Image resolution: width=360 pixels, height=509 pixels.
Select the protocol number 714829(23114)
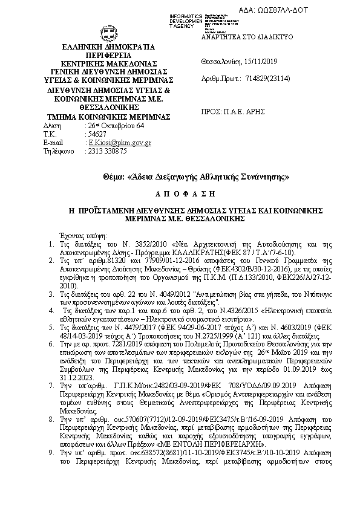tap(270, 79)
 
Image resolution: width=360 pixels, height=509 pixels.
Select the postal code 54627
tap(98, 134)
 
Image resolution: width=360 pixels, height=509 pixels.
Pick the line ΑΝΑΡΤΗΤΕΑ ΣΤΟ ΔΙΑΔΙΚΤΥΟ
tap(246, 37)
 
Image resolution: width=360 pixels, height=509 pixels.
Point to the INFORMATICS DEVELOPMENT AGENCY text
tap(186, 20)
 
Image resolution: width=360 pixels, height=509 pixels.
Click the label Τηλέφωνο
tap(58, 151)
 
